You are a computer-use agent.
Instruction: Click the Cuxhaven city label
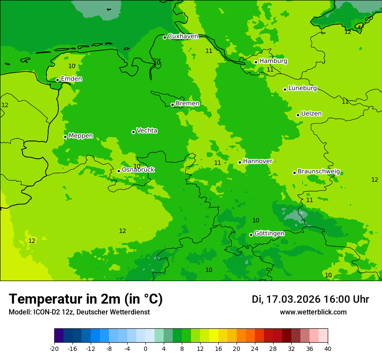coord(183,36)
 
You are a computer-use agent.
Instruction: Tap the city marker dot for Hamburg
coord(256,62)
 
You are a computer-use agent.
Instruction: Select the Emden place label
coord(71,79)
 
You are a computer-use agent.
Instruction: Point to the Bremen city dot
coord(172,105)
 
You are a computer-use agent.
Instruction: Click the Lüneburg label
coord(302,88)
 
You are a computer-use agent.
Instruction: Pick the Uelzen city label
coord(311,114)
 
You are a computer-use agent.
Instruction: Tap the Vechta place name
coord(147,131)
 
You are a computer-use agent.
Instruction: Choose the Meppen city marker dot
coord(65,137)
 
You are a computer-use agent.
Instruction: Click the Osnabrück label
coord(138,170)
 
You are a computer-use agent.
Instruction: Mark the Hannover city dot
coord(240,162)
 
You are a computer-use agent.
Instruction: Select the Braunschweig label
coord(319,171)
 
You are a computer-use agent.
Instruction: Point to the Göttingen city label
coord(269,233)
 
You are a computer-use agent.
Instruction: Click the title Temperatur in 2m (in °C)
coord(86,299)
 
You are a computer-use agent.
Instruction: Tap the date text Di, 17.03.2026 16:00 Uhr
coord(310,299)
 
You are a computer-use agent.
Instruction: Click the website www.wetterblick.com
coord(313,312)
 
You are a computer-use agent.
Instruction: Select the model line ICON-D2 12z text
coord(79,312)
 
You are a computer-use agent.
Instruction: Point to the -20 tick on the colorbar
coord(54,348)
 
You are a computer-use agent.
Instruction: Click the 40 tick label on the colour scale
coord(328,348)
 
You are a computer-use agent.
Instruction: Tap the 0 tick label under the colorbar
coord(145,348)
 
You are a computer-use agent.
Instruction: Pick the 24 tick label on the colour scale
coord(255,348)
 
